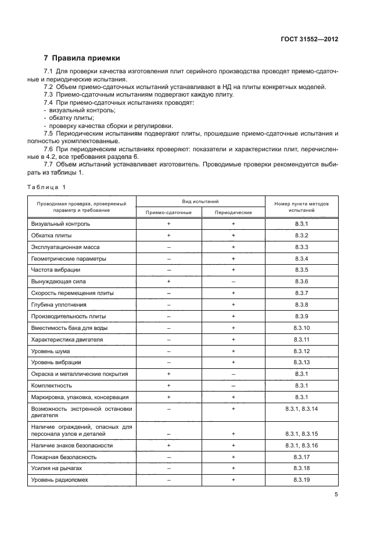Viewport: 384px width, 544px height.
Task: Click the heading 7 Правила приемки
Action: click(82, 58)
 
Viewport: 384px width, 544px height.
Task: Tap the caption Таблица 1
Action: click(48, 187)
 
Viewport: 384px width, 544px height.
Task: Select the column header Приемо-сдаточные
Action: click(168, 212)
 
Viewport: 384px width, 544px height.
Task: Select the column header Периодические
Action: click(233, 212)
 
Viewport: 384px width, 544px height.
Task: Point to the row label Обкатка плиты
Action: click(52, 235)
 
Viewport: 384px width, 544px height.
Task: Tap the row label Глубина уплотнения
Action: click(59, 304)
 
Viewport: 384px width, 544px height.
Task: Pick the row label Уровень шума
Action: click(52, 351)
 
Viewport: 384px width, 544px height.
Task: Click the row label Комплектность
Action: click(52, 386)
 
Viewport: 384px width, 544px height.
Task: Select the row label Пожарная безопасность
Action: click(64, 457)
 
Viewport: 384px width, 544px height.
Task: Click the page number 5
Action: click(336, 495)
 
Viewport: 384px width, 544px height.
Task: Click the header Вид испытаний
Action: click(200, 201)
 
